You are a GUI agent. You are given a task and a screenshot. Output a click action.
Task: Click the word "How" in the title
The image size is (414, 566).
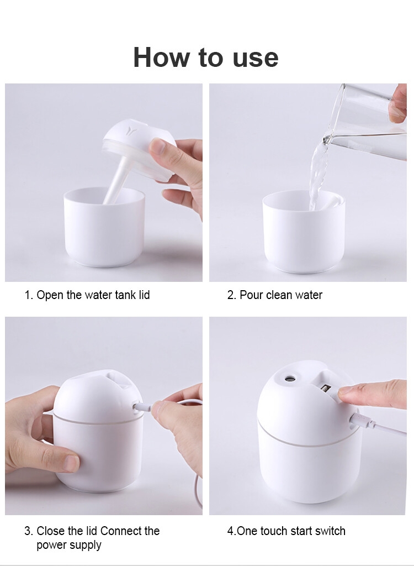tap(162, 57)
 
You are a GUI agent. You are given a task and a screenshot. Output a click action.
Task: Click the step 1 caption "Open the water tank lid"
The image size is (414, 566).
tap(93, 295)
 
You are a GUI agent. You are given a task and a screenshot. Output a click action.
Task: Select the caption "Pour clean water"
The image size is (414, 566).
tap(281, 295)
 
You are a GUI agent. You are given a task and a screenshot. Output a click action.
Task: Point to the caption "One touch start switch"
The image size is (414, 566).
tap(291, 531)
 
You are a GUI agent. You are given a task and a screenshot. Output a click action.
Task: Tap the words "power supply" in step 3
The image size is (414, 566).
tap(69, 545)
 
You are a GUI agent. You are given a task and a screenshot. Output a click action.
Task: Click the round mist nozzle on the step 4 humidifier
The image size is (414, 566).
tap(290, 379)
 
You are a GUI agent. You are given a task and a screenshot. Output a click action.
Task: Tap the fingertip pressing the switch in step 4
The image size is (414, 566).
tap(346, 391)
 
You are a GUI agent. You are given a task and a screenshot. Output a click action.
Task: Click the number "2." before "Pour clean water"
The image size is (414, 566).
tap(231, 295)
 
